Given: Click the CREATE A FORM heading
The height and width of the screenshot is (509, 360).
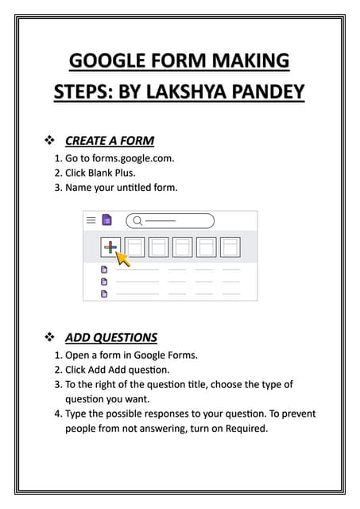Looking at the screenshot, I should (109, 141).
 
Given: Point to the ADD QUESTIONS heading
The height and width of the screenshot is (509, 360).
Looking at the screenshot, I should (110, 337).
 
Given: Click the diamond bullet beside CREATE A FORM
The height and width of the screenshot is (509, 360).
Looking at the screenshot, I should (49, 141).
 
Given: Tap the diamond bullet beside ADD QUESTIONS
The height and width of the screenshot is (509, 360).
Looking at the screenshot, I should (49, 337).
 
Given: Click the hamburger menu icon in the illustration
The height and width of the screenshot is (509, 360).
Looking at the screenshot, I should (91, 220).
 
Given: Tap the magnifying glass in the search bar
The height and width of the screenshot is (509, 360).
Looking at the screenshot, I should (137, 221).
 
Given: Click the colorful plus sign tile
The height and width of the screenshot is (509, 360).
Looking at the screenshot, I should (110, 247).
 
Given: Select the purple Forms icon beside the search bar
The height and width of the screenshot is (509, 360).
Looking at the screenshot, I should (106, 220).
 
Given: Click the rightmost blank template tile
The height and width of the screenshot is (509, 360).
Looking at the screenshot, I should (230, 247).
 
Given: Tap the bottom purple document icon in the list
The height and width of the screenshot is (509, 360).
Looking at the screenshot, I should (103, 293).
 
